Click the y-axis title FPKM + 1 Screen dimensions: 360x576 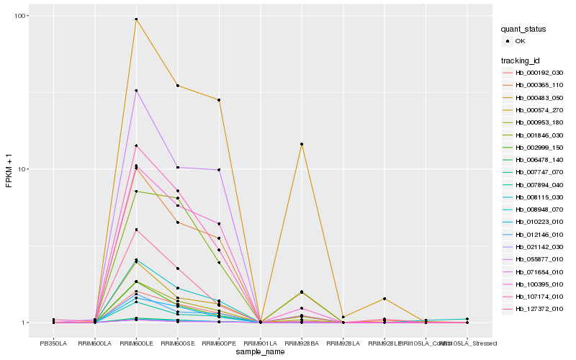coord(9,171)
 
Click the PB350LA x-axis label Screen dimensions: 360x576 coord(53,343)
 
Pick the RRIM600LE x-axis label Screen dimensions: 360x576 coord(136,343)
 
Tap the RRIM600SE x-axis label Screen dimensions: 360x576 coord(177,343)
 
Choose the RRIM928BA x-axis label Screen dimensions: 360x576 coord(302,343)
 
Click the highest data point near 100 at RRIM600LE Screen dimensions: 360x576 coord(136,19)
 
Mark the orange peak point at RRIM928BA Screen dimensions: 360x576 coord(302,144)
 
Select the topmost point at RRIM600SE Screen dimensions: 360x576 coord(177,86)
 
